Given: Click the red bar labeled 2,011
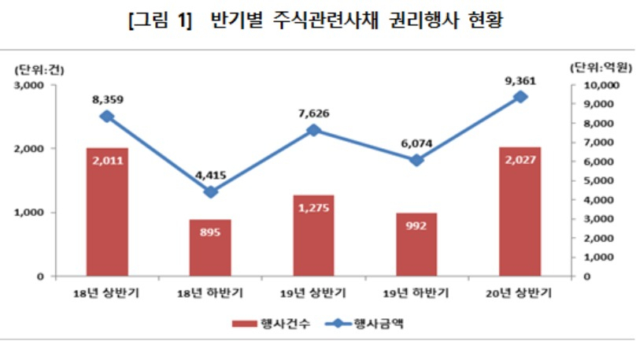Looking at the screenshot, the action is pos(107,212).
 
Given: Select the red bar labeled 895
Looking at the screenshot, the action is pos(210,248).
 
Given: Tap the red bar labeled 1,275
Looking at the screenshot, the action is pos(313,236).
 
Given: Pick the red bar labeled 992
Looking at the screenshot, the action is pos(416,245).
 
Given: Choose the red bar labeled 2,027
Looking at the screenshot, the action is pos(520,211).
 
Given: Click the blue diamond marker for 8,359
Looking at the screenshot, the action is pos(107,117).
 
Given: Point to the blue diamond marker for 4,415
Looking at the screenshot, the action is pos(210,192).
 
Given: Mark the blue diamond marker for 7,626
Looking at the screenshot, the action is pos(313,131).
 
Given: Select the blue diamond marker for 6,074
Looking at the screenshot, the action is pos(416,161).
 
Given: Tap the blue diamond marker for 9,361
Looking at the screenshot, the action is pos(520,98).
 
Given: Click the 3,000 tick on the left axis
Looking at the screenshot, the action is pos(29,85).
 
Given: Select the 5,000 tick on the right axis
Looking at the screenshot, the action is pos(598,180).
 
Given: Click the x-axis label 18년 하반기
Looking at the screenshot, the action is pos(210,293).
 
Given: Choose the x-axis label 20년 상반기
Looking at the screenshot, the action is pos(520,293).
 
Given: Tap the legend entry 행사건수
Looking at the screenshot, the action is pos(271,324).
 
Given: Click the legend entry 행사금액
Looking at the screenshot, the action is pos(364,324).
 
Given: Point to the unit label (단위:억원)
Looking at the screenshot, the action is pos(601,68).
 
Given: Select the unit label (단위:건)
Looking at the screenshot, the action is pos(39,70).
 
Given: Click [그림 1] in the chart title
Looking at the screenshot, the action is pos(160,20).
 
